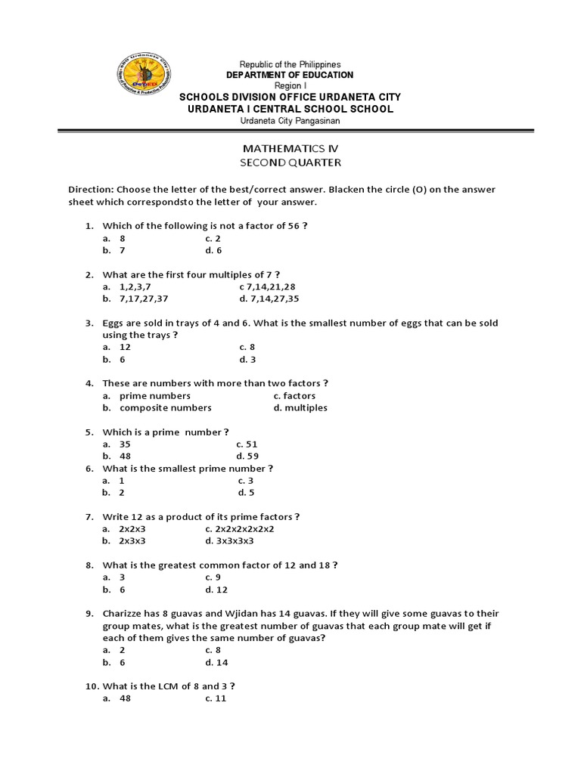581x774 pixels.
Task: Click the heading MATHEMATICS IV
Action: coord(290,149)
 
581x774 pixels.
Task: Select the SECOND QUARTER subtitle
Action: coord(290,163)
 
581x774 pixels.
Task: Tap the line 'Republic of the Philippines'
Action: coord(290,65)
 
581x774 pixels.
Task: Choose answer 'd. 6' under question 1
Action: coord(213,250)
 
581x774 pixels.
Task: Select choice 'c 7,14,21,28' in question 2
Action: coord(268,286)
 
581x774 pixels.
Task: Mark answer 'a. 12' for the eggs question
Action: coord(118,347)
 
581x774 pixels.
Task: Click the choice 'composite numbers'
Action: coord(165,407)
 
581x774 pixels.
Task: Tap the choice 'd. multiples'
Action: coord(300,407)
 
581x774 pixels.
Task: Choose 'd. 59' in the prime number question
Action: coord(247,456)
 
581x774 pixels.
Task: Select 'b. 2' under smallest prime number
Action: coord(114,492)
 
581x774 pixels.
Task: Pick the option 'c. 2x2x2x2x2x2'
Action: coord(239,528)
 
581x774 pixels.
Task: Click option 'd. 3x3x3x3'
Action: coord(229,540)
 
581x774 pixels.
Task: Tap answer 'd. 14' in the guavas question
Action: coord(216,661)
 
